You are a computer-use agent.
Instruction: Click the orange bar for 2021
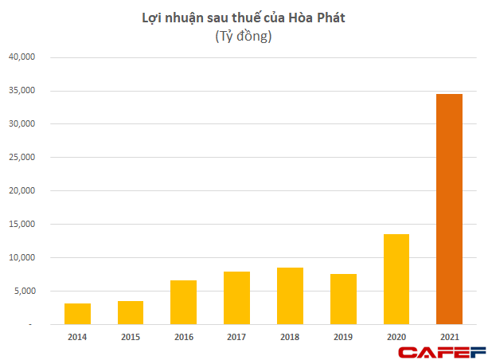click(x=449, y=209)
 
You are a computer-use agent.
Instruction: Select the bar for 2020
click(x=396, y=279)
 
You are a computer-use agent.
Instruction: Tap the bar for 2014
click(x=78, y=314)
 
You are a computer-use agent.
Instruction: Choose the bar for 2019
click(x=343, y=299)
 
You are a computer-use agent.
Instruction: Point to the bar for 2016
click(x=184, y=302)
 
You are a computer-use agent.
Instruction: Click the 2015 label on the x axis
click(x=131, y=337)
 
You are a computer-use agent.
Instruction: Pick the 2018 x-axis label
click(x=290, y=337)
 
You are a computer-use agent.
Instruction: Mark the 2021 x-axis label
click(x=449, y=337)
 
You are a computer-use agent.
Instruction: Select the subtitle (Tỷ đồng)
click(x=244, y=37)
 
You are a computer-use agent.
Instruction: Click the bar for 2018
click(x=290, y=295)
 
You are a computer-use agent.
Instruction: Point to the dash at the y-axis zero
click(x=32, y=325)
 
